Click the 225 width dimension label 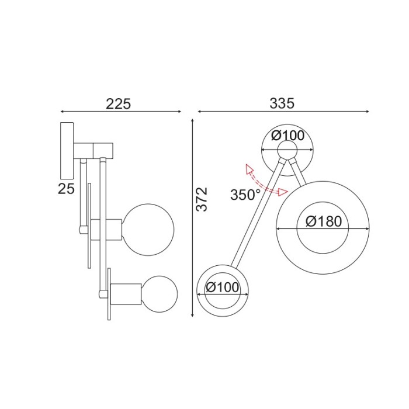click(119, 103)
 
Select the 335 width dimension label click(282, 103)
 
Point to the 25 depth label click(66, 188)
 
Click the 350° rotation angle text click(245, 195)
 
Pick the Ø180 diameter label click(323, 221)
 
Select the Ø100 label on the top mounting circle click(288, 136)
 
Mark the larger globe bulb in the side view click(149, 225)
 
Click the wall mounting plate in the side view click(66, 150)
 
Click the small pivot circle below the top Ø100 click(287, 150)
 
